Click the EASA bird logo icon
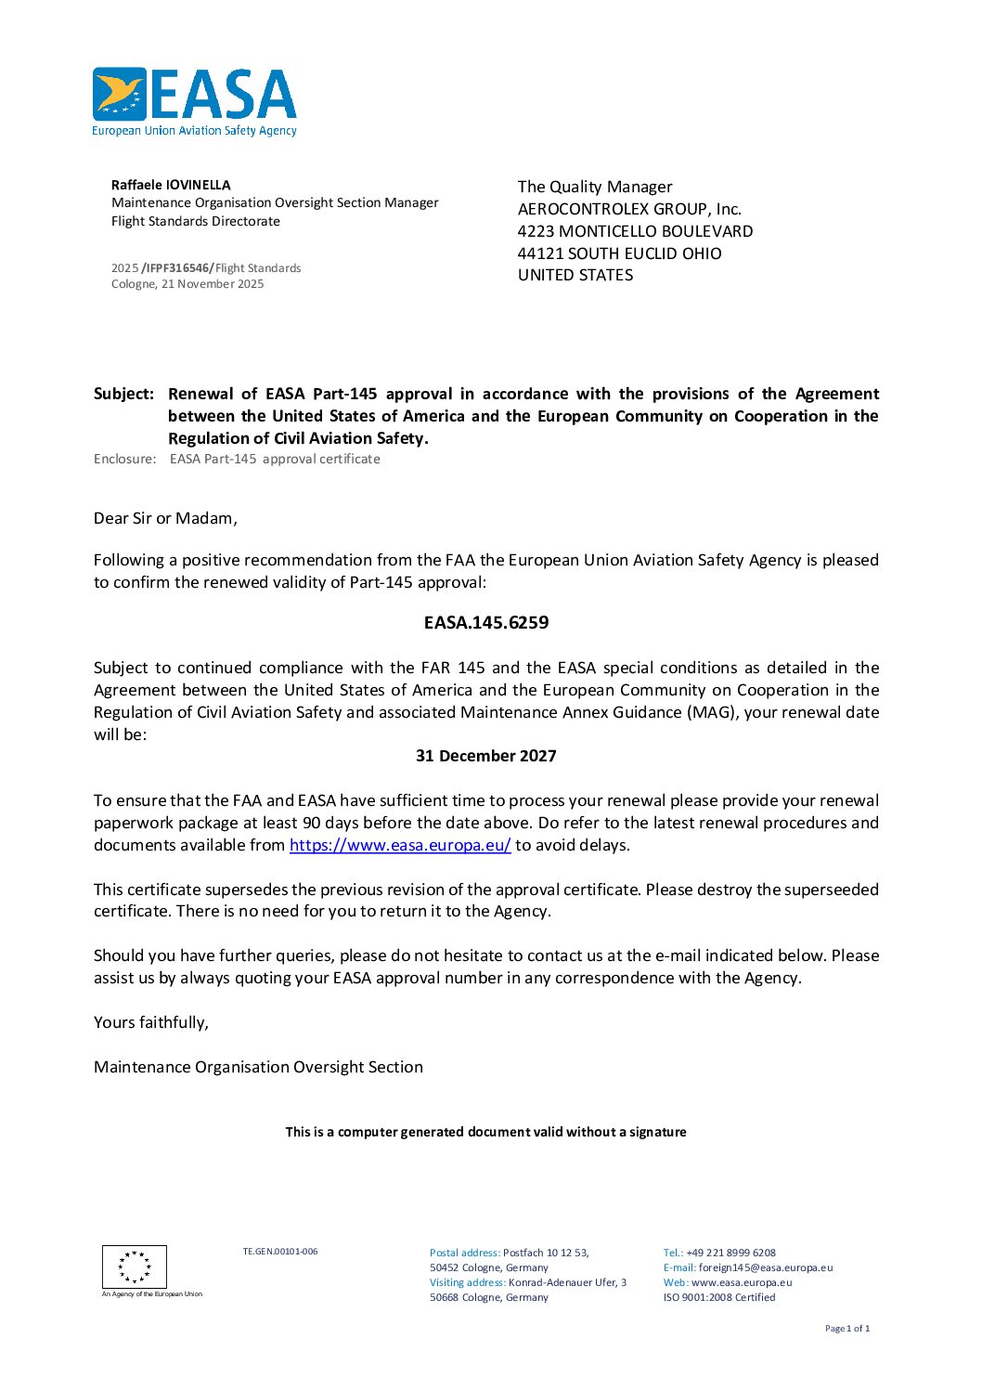pyautogui.click(x=120, y=94)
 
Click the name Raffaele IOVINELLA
pyautogui.click(x=171, y=185)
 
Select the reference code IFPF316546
pyautogui.click(x=177, y=268)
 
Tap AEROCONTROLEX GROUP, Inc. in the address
pyautogui.click(x=629, y=209)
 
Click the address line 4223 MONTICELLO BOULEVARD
pyautogui.click(x=635, y=231)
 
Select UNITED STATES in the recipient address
pyautogui.click(x=575, y=275)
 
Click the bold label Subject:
pyautogui.click(x=123, y=394)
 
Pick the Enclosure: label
pyautogui.click(x=124, y=459)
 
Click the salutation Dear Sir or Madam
pyautogui.click(x=165, y=518)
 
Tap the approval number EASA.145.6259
pyautogui.click(x=485, y=622)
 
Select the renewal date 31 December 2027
pyautogui.click(x=485, y=756)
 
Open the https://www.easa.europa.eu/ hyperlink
pyautogui.click(x=400, y=845)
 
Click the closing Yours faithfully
pyautogui.click(x=151, y=1022)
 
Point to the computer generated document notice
pyautogui.click(x=485, y=1132)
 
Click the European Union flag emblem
pyautogui.click(x=135, y=1267)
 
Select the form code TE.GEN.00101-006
pyautogui.click(x=280, y=1252)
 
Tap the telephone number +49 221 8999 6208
pyautogui.click(x=730, y=1253)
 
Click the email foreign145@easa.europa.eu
pyautogui.click(x=765, y=1267)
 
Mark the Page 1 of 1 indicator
pyautogui.click(x=846, y=1329)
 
